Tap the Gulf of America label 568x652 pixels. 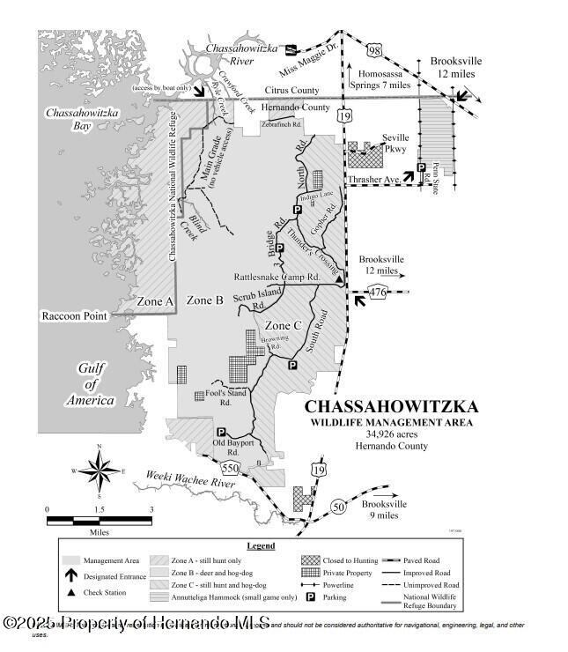coord(91,384)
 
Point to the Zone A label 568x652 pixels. coord(155,301)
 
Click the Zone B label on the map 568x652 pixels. coord(205,300)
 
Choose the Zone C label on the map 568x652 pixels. coord(284,325)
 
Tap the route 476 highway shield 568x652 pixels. coord(380,293)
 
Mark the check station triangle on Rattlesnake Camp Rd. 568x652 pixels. coord(340,281)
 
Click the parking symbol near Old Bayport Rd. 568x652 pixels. coord(222,433)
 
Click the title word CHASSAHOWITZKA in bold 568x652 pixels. coord(392,407)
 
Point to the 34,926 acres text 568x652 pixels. coord(392,434)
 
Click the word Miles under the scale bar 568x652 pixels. coord(98,532)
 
